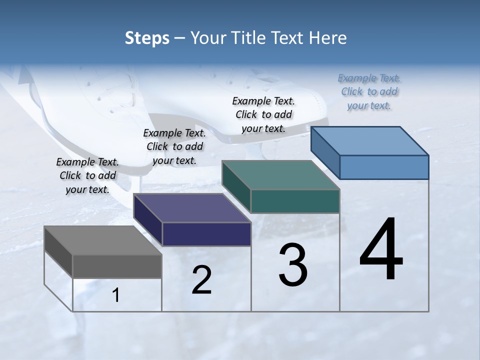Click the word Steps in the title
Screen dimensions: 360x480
point(147,38)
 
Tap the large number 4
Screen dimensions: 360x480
point(381,250)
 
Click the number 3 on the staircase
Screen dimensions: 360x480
point(293,265)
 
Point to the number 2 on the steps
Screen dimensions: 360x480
point(202,280)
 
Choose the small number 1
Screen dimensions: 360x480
point(116,295)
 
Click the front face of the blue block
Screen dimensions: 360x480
point(384,167)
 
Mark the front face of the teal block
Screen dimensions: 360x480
point(295,201)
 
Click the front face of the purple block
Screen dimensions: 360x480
point(206,234)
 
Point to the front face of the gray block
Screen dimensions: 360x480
point(117,266)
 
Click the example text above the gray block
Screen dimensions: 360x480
point(87,175)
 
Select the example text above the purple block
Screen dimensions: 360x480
point(174,146)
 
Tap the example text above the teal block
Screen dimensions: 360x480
point(263,114)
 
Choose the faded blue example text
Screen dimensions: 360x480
point(369,91)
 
